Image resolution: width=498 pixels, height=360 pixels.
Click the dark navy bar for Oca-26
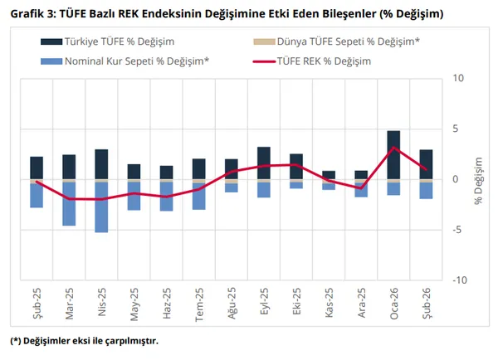(393, 154)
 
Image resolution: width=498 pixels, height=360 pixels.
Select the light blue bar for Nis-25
(101, 207)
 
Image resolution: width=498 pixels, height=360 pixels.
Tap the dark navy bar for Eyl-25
(264, 163)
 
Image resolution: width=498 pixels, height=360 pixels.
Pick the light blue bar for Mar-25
(69, 204)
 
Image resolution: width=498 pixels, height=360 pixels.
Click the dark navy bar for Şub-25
(37, 168)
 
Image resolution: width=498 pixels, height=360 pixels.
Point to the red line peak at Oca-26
(393, 148)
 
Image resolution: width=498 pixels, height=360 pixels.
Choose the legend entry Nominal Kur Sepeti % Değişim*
(124, 61)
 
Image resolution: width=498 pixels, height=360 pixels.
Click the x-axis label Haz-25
(167, 304)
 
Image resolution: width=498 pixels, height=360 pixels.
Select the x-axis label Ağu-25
(232, 304)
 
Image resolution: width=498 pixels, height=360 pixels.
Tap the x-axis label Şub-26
(427, 304)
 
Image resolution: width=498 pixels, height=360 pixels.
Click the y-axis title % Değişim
(478, 179)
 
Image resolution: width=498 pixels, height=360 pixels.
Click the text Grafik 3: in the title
(32, 14)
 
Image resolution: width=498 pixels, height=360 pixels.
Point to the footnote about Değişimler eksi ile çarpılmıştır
(83, 340)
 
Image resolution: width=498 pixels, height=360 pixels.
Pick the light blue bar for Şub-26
(426, 191)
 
